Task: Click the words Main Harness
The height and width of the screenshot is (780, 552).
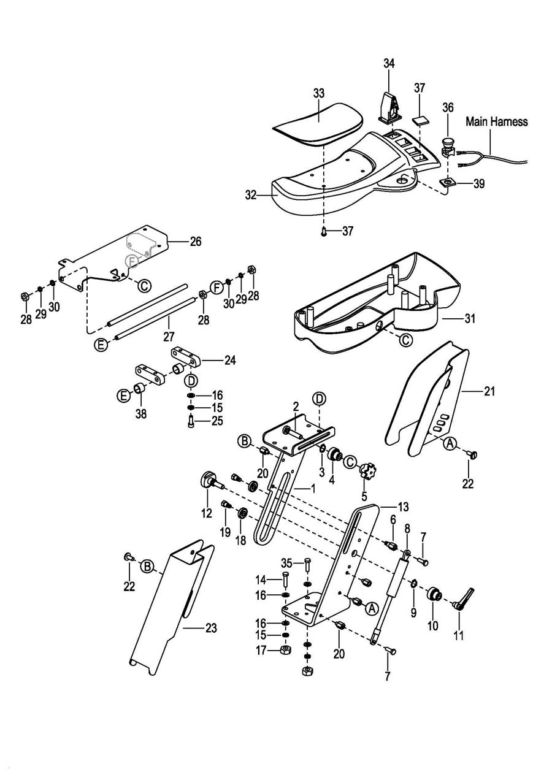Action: pyautogui.click(x=496, y=121)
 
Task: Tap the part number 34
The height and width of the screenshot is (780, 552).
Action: pyautogui.click(x=389, y=64)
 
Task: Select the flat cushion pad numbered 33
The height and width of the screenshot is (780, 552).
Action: pyautogui.click(x=318, y=124)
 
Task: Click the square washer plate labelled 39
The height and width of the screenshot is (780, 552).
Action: pyautogui.click(x=447, y=183)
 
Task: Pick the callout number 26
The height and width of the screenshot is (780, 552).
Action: pyautogui.click(x=196, y=241)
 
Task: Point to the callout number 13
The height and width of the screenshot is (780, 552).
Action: pyautogui.click(x=403, y=507)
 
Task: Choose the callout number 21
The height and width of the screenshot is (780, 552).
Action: pyautogui.click(x=489, y=391)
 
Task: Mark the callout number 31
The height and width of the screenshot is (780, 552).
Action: pyautogui.click(x=470, y=318)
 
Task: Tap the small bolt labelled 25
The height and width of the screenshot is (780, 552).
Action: pyautogui.click(x=191, y=422)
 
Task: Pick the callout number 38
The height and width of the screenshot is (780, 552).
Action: pyautogui.click(x=141, y=414)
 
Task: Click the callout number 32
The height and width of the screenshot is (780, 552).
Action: pyautogui.click(x=251, y=196)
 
